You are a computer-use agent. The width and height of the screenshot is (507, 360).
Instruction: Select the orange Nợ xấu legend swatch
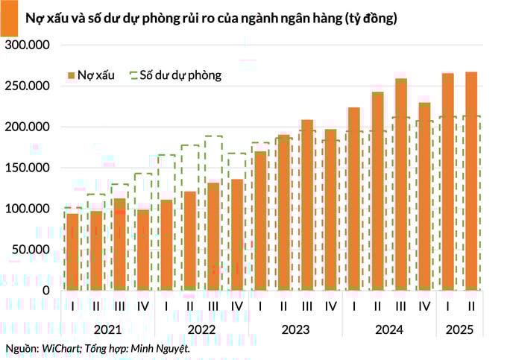click(71, 75)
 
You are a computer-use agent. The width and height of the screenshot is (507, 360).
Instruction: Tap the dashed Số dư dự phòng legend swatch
click(134, 75)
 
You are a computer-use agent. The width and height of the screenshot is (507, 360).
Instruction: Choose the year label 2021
click(107, 328)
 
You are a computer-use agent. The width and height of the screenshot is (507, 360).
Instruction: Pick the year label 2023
click(295, 328)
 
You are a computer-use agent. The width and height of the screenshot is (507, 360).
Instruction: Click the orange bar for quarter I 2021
click(72, 251)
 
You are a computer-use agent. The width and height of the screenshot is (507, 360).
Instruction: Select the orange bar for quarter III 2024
click(401, 184)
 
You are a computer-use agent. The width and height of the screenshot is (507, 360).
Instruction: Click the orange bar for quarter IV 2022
click(237, 234)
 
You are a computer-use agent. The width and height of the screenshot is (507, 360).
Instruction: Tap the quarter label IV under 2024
click(424, 306)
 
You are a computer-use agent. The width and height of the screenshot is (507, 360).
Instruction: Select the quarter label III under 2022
click(213, 306)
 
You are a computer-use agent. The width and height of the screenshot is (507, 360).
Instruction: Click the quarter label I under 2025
click(448, 306)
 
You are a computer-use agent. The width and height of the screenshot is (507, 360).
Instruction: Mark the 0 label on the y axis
click(46, 290)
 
